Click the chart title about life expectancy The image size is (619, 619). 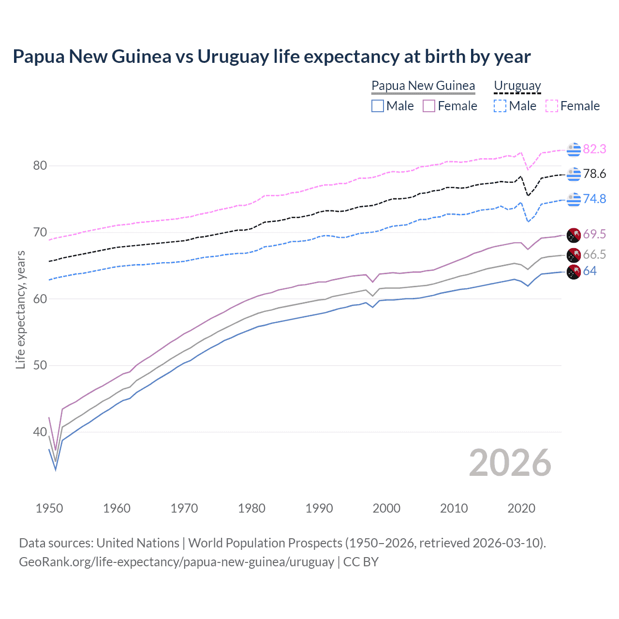click(271, 57)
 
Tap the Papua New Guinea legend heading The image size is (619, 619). click(423, 86)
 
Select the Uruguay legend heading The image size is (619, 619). click(517, 86)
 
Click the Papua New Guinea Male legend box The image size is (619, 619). click(378, 106)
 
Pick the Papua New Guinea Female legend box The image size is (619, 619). click(429, 106)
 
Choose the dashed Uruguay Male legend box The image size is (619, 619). click(500, 106)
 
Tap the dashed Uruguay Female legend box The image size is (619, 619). click(552, 106)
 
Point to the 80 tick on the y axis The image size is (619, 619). click(40, 166)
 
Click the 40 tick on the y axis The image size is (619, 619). click(40, 432)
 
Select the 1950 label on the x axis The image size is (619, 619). click(49, 508)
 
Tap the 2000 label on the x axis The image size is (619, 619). click(386, 508)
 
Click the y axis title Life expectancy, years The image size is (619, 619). click(20, 309)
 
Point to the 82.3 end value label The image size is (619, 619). click(594, 149)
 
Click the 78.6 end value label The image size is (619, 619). click(594, 174)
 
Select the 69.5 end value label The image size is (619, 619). click(594, 235)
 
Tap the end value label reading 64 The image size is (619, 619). click(590, 271)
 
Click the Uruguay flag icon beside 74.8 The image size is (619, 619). click(574, 199)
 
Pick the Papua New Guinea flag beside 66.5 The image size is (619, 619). click(574, 255)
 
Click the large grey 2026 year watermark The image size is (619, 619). click(510, 463)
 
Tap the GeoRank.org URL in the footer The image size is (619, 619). click(177, 562)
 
